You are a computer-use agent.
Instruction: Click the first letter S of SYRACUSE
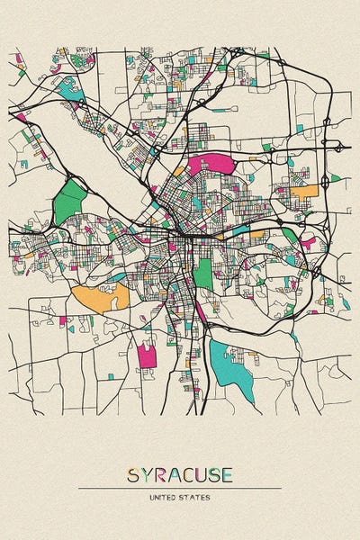point(133,475)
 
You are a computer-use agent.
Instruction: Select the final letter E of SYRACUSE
point(228,475)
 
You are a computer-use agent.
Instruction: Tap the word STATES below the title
point(197,497)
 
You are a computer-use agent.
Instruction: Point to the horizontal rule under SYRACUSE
point(180,489)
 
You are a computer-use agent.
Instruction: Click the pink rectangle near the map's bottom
point(147,356)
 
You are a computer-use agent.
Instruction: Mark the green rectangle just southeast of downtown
point(203,274)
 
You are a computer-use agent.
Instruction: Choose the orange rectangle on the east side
point(305,191)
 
